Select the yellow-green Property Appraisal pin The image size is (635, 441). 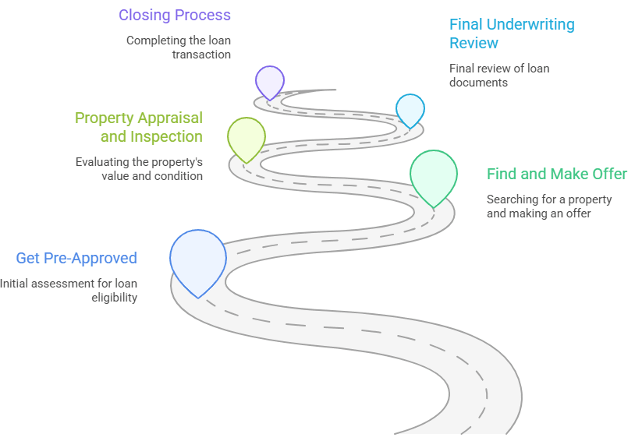(x=247, y=136)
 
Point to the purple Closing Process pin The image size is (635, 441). (x=270, y=80)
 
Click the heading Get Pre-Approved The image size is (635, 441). (x=76, y=258)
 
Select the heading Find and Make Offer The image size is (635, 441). (x=557, y=174)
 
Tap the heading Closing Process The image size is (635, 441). (x=175, y=15)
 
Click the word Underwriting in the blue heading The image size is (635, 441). (x=534, y=24)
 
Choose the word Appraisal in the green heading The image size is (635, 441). (x=170, y=118)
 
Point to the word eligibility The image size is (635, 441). (x=115, y=297)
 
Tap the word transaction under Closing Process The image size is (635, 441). (x=201, y=55)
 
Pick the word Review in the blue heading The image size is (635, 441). (x=474, y=43)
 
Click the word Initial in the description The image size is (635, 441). (x=15, y=284)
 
